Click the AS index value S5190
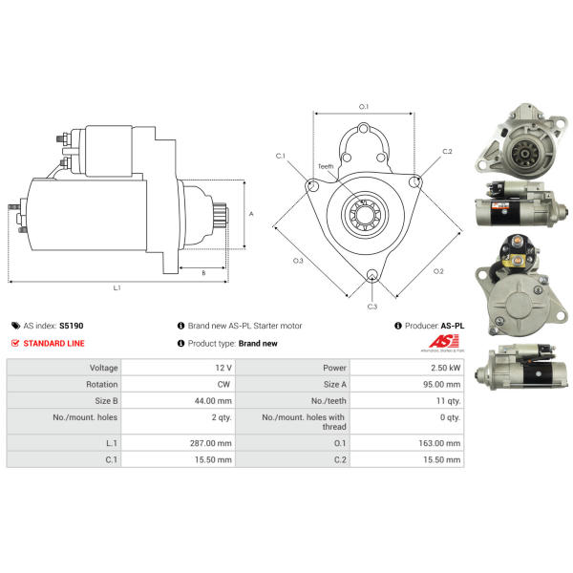(72, 326)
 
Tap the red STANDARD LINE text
(53, 344)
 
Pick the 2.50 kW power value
(445, 368)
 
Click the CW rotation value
(223, 385)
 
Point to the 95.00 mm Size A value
(442, 385)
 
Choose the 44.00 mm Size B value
(213, 401)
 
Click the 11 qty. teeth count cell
(449, 401)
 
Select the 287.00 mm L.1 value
(211, 443)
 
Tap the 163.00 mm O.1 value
(439, 443)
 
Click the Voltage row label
(104, 368)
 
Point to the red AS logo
(444, 341)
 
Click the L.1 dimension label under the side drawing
(117, 288)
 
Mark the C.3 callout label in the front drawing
(372, 307)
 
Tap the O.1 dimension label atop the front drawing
(364, 107)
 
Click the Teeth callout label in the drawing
(326, 166)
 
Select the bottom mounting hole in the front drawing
(372, 275)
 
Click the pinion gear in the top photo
(524, 154)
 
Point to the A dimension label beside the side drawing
(251, 214)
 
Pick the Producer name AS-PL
(453, 326)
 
